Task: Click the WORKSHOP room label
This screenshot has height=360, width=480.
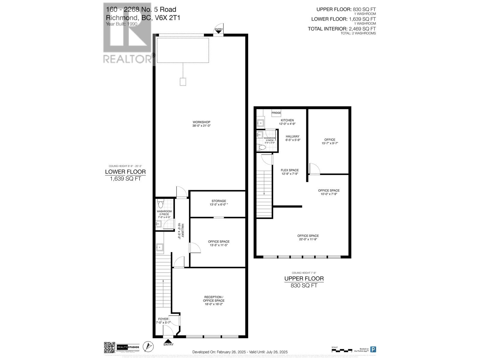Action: [x=201, y=122]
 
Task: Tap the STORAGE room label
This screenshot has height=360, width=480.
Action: [x=218, y=201]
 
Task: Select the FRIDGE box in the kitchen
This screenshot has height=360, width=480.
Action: [x=276, y=113]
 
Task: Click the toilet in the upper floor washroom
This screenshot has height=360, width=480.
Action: [x=261, y=147]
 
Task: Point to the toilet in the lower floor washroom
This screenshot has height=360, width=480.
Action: [x=160, y=205]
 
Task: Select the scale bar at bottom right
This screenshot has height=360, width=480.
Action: [x=342, y=350]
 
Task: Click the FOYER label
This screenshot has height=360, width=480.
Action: [x=163, y=319]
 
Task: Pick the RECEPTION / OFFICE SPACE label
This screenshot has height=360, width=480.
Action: [x=214, y=299]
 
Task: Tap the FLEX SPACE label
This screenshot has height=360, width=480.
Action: [x=289, y=170]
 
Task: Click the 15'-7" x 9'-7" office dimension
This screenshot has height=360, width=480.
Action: [x=330, y=143]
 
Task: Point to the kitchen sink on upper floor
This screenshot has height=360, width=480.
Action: [x=261, y=122]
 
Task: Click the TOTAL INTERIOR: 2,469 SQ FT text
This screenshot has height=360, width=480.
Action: [x=342, y=29]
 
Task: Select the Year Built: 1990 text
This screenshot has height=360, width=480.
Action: [x=121, y=24]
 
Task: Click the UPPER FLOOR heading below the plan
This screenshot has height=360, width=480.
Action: [x=304, y=278]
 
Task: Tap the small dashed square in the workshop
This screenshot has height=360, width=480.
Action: [x=183, y=82]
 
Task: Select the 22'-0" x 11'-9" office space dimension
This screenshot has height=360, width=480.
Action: [x=308, y=239]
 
